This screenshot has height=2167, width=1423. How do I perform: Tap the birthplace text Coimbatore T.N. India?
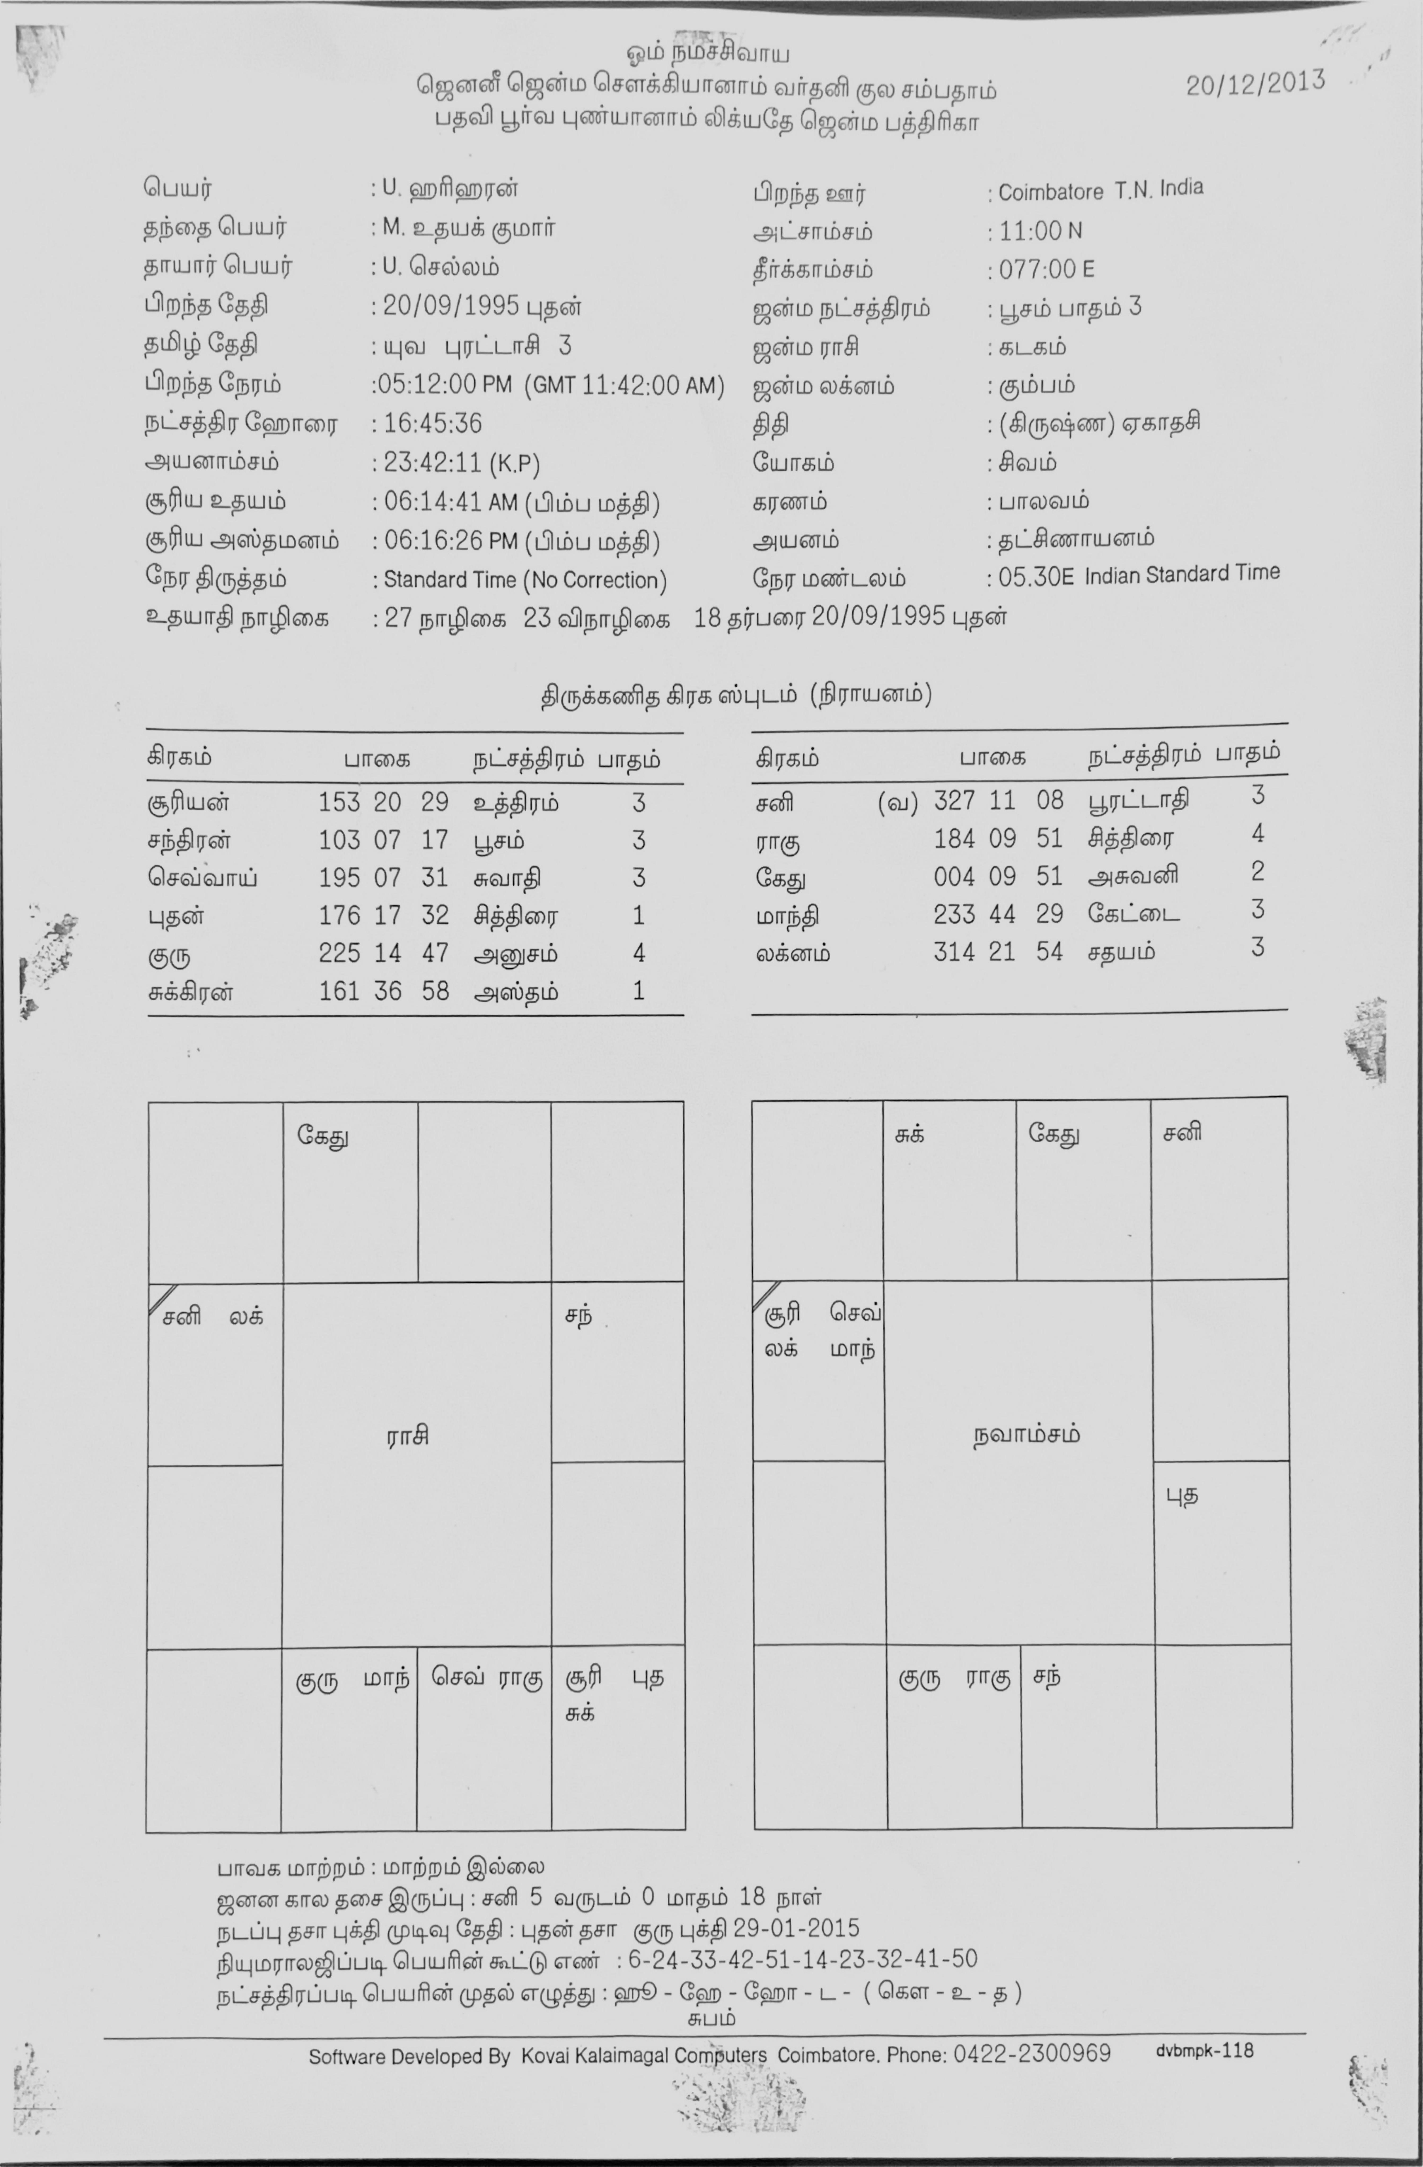pos(1100,191)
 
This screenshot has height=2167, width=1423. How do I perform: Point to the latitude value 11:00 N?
pos(1040,231)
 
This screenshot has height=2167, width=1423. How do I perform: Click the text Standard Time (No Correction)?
pos(524,580)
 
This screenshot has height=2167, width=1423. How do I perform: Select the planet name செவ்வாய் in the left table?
pos(202,879)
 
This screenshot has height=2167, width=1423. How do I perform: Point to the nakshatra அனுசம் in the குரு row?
pos(515,954)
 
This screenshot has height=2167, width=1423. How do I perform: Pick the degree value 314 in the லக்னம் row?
pos(953,952)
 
